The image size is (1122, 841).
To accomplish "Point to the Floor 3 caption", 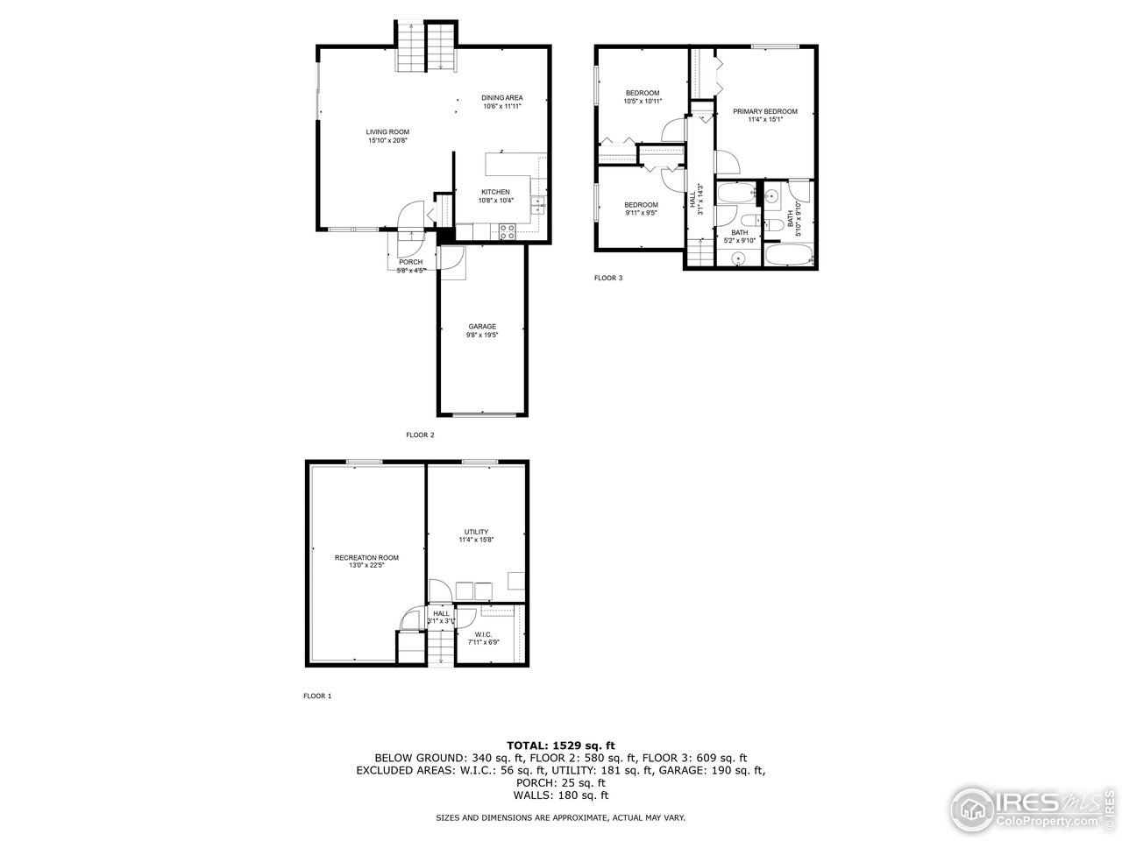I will click(608, 279).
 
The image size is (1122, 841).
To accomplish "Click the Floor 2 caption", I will click(420, 435).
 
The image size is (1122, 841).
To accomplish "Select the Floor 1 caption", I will click(317, 696).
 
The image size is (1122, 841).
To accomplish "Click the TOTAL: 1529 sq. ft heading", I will click(561, 745).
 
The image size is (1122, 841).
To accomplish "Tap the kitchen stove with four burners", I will click(507, 231).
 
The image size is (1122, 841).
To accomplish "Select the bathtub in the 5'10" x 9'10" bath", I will click(790, 256).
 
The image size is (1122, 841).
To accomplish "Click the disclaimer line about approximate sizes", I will click(561, 817).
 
